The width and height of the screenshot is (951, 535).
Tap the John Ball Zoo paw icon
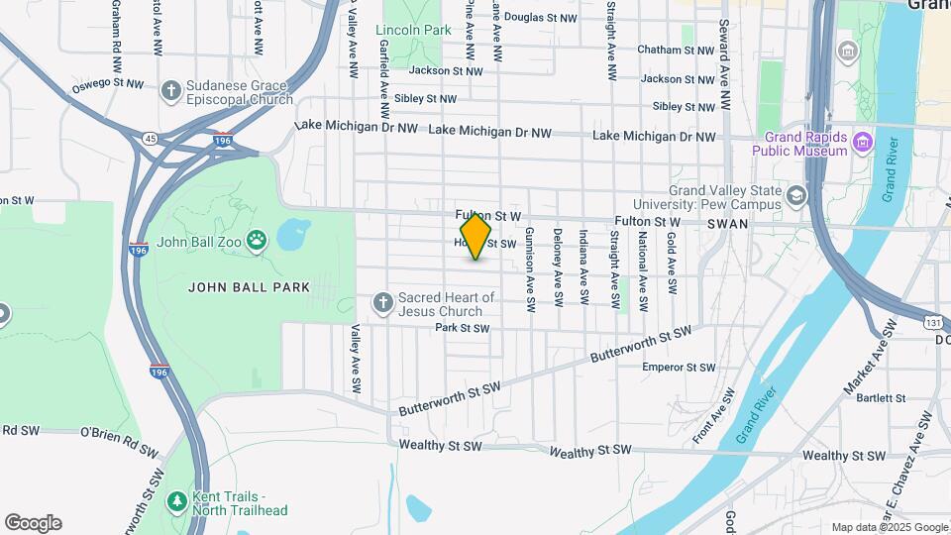click(258, 240)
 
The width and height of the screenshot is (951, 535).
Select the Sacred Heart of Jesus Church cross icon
click(383, 301)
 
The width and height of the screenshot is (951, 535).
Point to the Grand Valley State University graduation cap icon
click(795, 195)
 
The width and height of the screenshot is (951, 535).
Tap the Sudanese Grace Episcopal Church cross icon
click(170, 91)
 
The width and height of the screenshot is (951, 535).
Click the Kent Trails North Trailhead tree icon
click(177, 501)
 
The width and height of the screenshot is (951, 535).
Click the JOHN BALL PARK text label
click(250, 287)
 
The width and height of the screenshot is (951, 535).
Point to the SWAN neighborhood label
click(728, 225)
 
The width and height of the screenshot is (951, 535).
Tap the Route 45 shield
click(149, 139)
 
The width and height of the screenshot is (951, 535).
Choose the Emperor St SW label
click(679, 368)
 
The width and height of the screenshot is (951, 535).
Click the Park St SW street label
click(462, 328)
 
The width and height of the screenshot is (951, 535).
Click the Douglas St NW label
click(540, 18)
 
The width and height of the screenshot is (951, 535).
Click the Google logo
click(33, 523)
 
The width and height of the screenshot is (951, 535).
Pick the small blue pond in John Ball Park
click(292, 236)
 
